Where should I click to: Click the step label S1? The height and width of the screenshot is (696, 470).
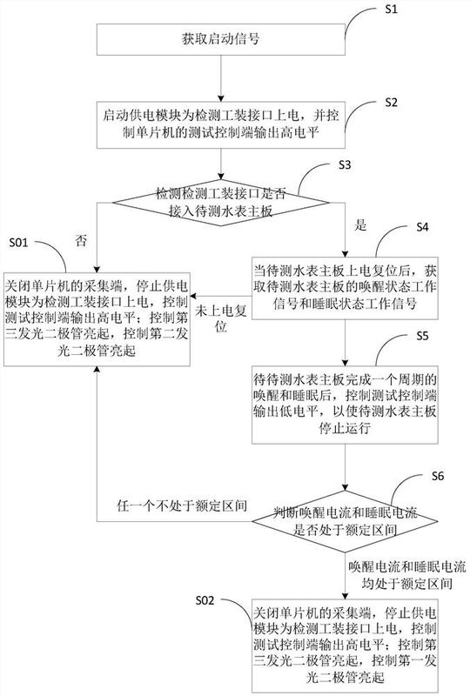(x=391, y=9)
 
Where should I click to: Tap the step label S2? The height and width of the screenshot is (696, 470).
(x=391, y=102)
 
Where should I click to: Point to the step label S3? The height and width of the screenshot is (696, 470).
(x=345, y=164)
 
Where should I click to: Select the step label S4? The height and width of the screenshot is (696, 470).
(x=422, y=227)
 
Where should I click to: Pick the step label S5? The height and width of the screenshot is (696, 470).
(x=422, y=336)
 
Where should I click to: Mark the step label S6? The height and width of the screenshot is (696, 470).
(x=438, y=476)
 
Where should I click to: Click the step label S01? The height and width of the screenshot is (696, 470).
(x=18, y=243)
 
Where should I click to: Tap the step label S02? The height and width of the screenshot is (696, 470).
(x=205, y=600)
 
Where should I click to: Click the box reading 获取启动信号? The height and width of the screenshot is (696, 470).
(x=221, y=39)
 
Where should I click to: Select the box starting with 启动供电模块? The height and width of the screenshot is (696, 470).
(x=221, y=125)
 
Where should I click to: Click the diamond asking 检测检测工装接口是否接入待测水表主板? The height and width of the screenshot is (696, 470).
(x=221, y=203)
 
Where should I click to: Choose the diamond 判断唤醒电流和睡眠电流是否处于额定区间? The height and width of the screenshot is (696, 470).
(x=346, y=521)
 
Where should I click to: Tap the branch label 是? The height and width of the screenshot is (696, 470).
(x=360, y=225)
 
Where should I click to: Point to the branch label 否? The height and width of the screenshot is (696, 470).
(x=81, y=241)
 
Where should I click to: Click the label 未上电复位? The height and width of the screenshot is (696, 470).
(x=221, y=318)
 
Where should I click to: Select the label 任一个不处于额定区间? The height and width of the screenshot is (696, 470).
(x=182, y=505)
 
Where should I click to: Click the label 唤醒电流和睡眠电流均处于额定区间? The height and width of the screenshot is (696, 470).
(x=407, y=575)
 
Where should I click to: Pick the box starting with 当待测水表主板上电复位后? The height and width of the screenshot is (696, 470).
(x=346, y=288)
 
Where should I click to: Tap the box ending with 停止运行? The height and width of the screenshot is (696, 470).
(x=346, y=405)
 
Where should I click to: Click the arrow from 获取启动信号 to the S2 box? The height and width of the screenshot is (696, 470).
(x=221, y=79)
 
